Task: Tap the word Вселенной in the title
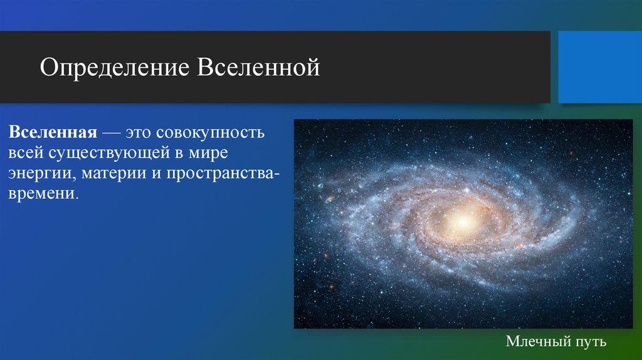point(260,68)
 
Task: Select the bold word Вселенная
point(51,133)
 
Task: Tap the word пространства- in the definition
point(219,172)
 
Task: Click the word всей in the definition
point(24,152)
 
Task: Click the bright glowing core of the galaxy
point(463,221)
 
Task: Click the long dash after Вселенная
point(110,134)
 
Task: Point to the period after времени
point(78,196)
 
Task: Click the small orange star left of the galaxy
point(327,199)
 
